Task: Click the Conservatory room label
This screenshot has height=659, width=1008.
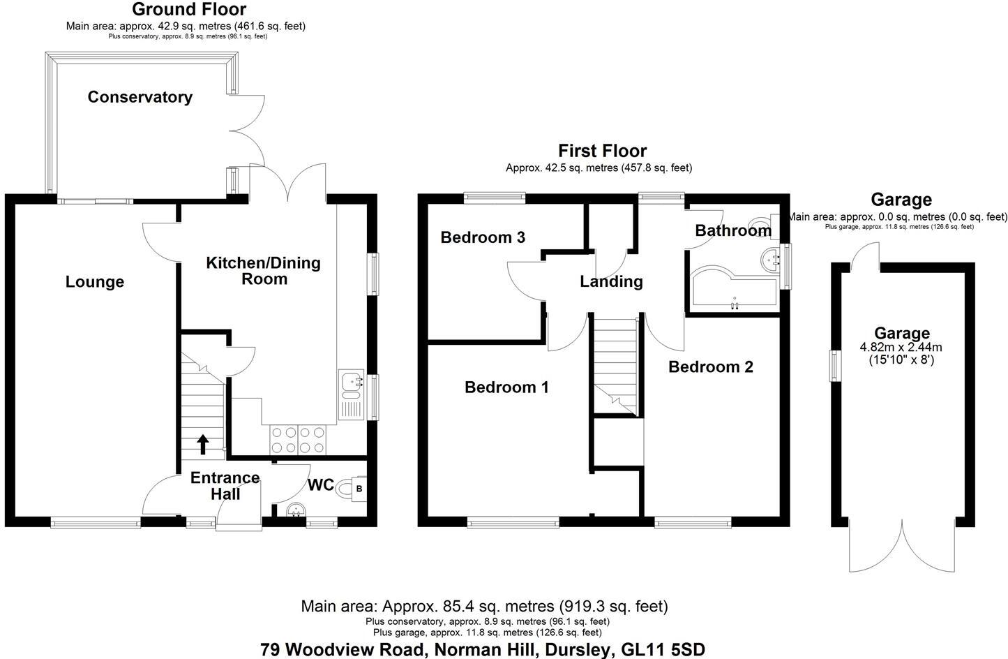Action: [140, 97]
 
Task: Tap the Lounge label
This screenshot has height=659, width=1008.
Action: [95, 282]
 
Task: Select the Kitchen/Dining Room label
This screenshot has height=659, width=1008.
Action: [264, 271]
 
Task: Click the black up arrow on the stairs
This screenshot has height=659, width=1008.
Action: [203, 443]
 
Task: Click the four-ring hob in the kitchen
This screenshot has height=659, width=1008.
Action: [298, 440]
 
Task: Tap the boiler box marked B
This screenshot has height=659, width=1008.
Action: [359, 488]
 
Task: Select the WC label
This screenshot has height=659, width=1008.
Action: [321, 485]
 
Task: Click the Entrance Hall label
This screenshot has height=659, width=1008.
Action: [225, 486]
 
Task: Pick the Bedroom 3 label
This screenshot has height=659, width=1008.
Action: [483, 237]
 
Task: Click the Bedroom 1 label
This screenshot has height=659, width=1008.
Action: [506, 387]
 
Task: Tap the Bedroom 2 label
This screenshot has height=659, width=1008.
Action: [711, 366]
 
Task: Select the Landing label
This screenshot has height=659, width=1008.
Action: [611, 281]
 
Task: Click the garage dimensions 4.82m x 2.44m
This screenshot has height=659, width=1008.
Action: [902, 347]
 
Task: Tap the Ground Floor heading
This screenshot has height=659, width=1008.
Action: [188, 10]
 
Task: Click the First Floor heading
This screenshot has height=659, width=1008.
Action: [602, 151]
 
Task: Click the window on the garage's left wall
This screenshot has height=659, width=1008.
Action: [833, 366]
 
